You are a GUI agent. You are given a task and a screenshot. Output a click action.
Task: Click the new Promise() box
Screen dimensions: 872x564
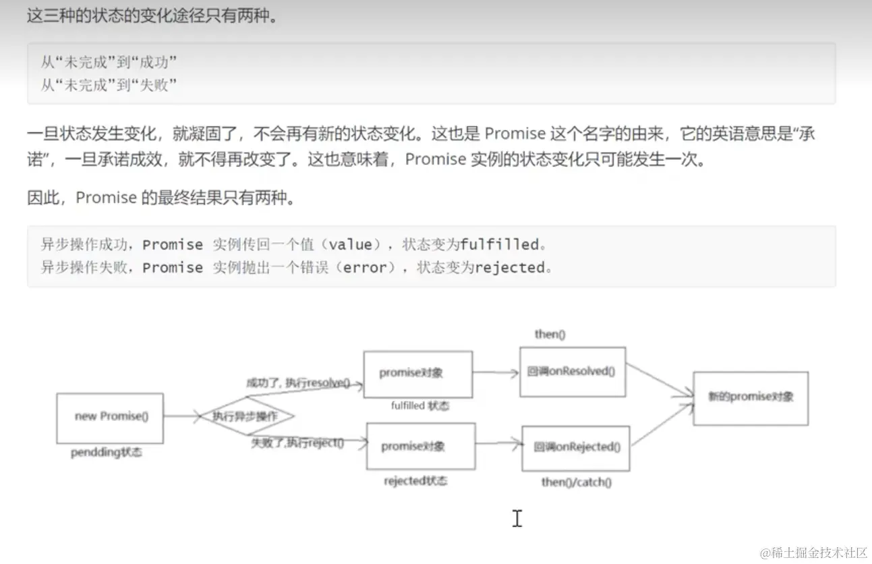(109, 417)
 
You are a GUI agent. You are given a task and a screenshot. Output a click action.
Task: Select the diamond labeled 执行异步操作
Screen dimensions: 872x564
(245, 416)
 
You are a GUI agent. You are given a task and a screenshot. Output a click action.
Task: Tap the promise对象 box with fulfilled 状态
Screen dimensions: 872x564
(417, 374)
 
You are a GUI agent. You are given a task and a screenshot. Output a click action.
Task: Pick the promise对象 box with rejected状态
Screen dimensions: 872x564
(420, 447)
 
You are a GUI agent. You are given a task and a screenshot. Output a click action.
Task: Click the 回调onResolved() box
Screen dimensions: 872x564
(572, 372)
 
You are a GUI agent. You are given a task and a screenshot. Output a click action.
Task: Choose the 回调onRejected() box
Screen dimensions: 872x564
(575, 447)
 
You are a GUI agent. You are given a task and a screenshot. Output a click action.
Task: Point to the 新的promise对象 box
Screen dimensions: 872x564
(750, 397)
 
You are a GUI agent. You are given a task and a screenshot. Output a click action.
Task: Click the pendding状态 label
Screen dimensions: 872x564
(107, 453)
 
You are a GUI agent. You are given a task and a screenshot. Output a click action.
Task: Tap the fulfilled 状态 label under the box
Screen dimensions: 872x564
(419, 406)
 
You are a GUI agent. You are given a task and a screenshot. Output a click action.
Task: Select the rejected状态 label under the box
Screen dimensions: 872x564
(415, 481)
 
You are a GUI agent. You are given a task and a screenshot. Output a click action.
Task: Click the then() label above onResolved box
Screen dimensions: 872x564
(550, 334)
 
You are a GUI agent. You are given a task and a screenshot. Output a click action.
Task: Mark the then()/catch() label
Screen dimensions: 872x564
(576, 482)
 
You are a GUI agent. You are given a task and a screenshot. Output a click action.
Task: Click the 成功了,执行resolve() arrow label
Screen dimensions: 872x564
(297, 383)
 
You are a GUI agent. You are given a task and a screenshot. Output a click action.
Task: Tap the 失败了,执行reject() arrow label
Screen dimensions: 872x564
(297, 443)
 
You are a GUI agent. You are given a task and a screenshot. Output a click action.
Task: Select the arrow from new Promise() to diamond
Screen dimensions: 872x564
(181, 416)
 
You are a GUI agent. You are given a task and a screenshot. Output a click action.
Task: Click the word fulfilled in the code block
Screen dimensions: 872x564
(500, 244)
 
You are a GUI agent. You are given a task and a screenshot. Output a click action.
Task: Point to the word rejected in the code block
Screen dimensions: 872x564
(509, 267)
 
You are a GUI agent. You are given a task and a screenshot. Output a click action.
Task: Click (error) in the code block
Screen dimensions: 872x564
(365, 267)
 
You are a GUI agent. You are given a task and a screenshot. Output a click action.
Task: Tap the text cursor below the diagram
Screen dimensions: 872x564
(517, 518)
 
